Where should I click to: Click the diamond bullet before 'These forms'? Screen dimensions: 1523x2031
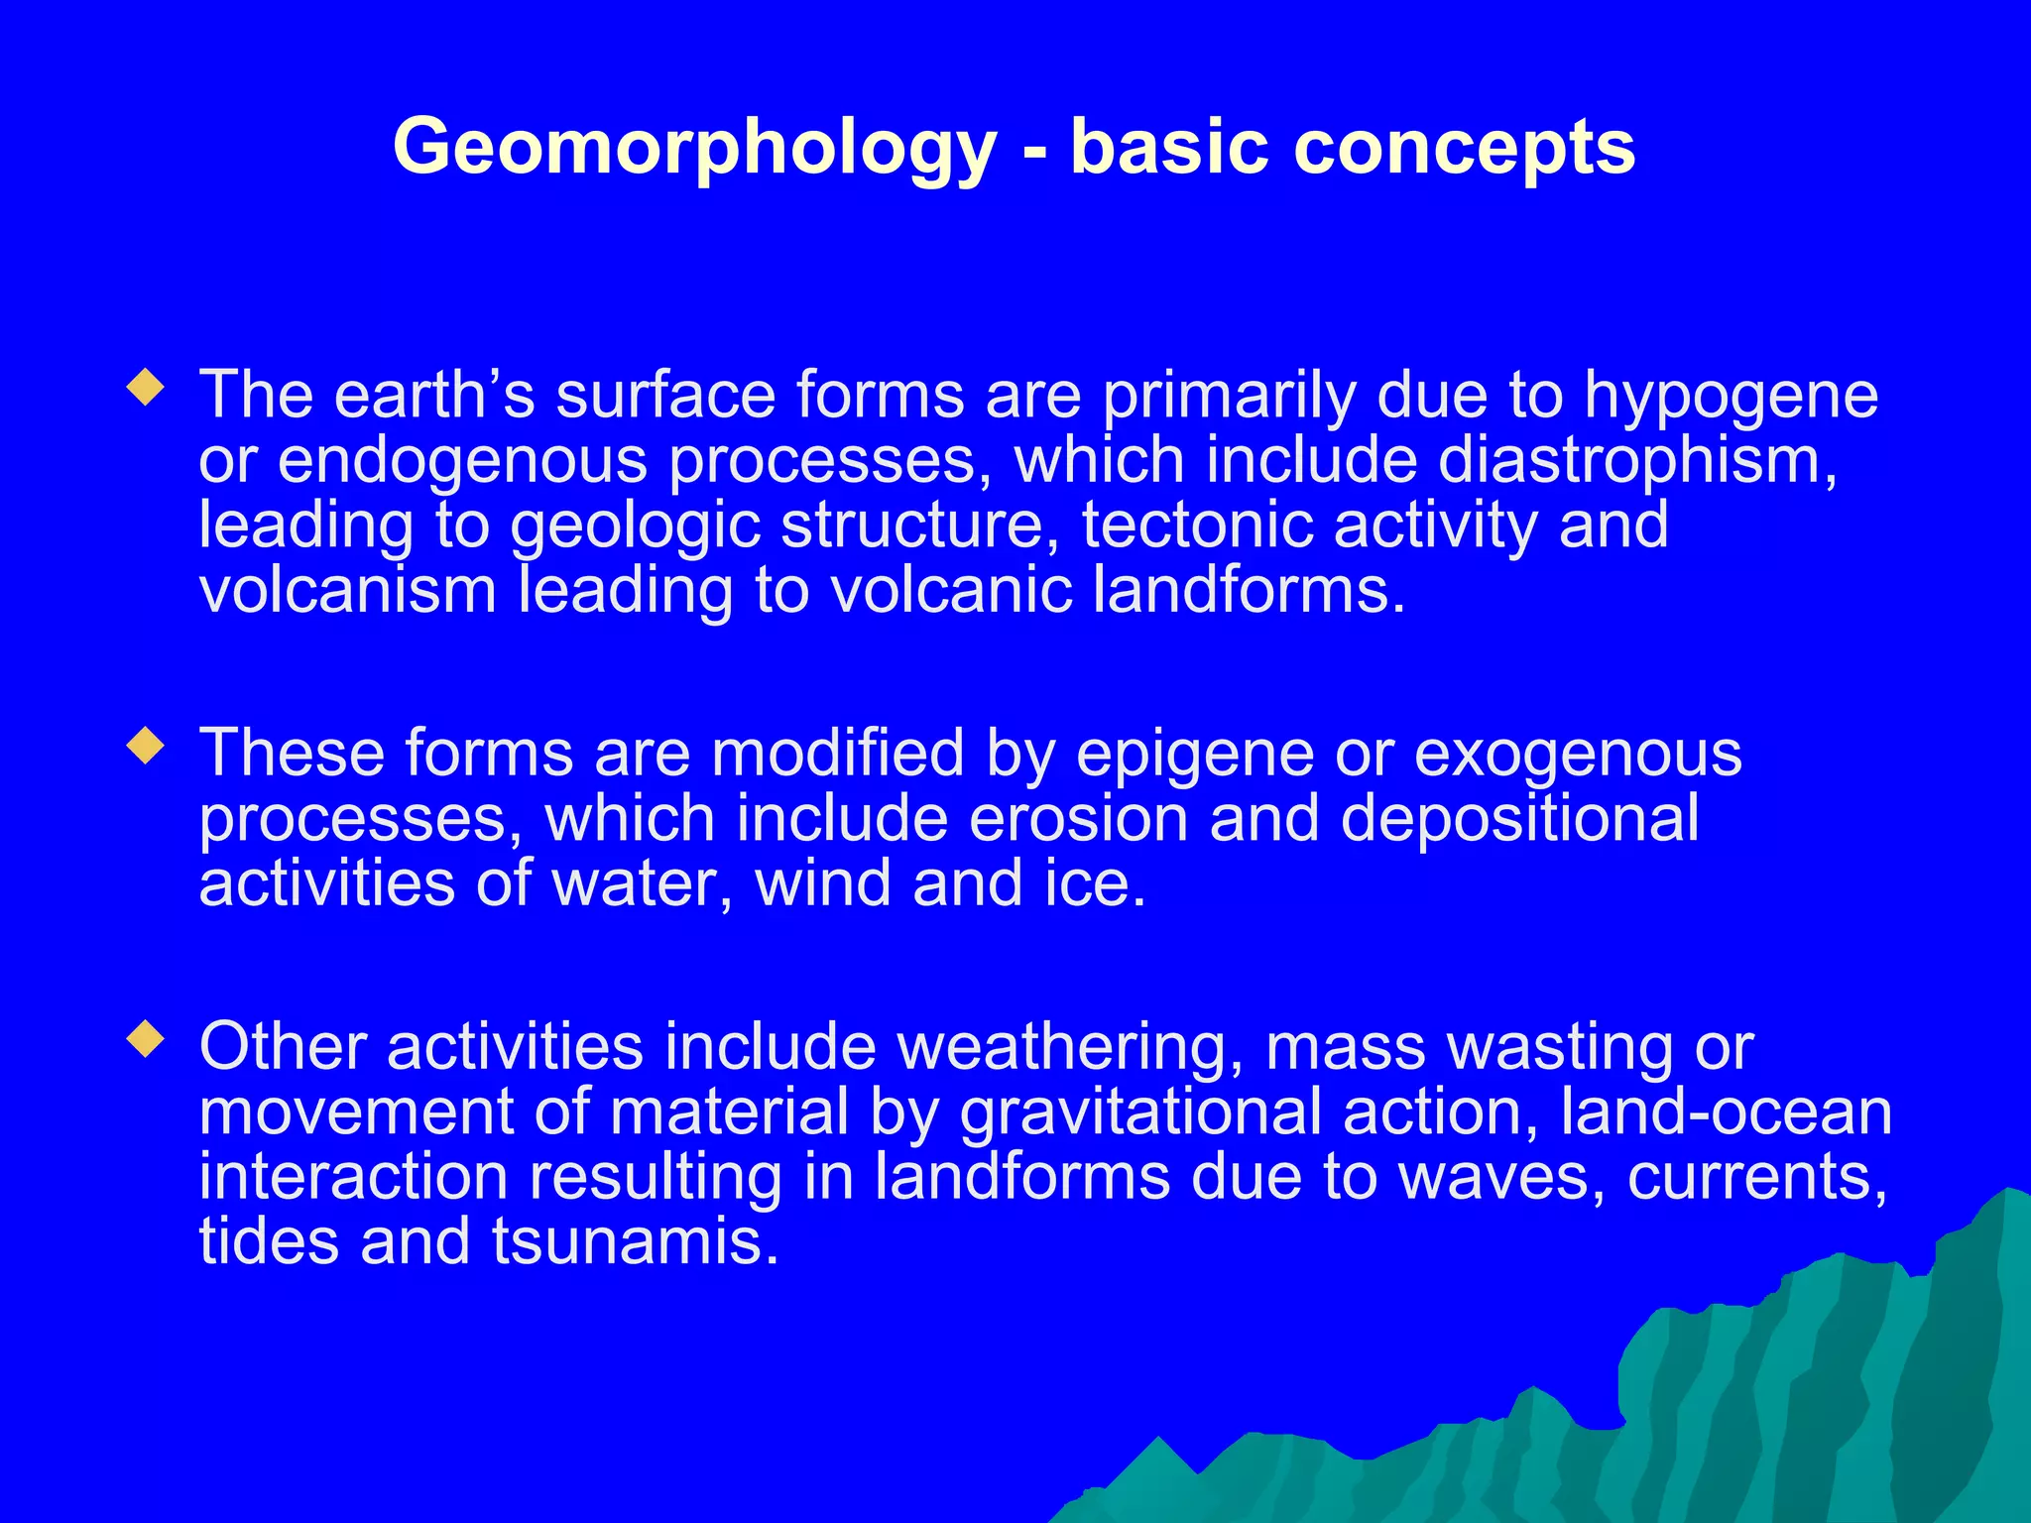click(x=146, y=746)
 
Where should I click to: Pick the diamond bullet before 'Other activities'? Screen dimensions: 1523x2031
click(x=146, y=1039)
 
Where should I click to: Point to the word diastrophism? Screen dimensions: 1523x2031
click(x=1636, y=461)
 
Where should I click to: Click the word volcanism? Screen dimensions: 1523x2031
click(x=347, y=591)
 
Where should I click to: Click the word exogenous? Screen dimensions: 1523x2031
click(x=1577, y=754)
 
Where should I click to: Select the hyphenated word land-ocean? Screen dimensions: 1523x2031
click(x=1726, y=1113)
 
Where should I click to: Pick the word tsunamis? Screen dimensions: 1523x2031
click(x=635, y=1242)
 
